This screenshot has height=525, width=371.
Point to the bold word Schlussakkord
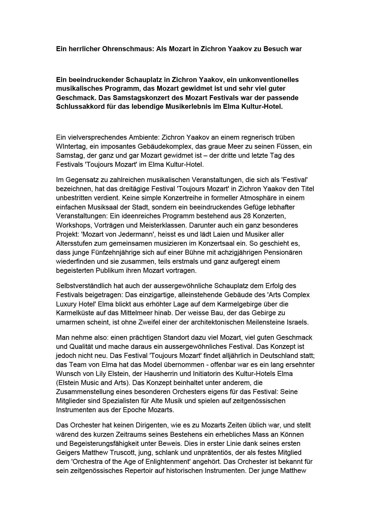(79, 107)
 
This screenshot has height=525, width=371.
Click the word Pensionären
(284, 252)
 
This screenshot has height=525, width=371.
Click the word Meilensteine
(261, 322)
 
